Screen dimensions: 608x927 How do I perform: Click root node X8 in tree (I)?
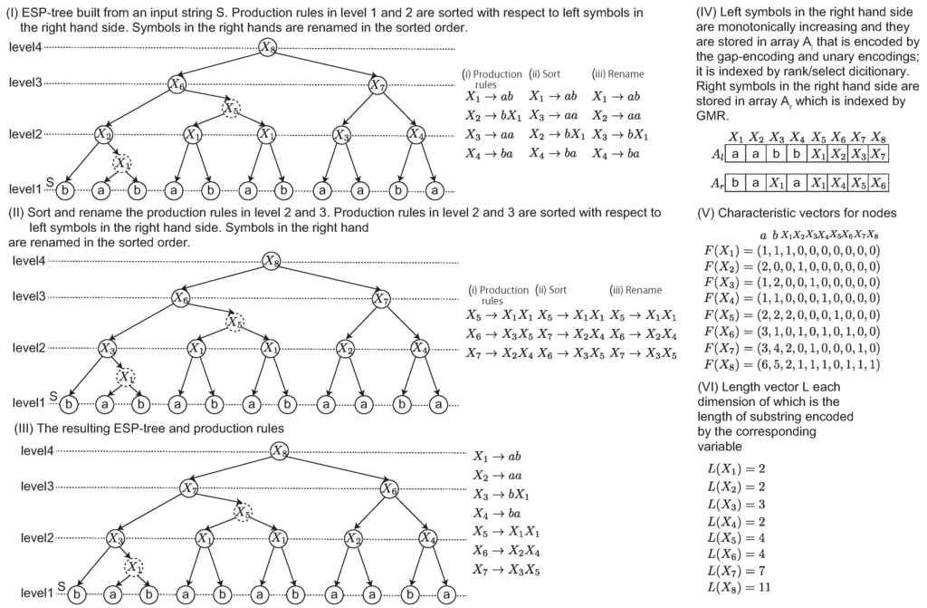(x=266, y=46)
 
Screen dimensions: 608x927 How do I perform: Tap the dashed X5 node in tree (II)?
(x=234, y=321)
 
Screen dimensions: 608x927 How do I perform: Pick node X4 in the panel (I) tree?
(x=416, y=135)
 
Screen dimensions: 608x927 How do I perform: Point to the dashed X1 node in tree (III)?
(x=132, y=567)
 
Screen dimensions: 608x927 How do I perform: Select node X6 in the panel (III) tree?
(x=390, y=488)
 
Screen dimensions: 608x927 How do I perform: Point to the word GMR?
(x=710, y=116)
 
